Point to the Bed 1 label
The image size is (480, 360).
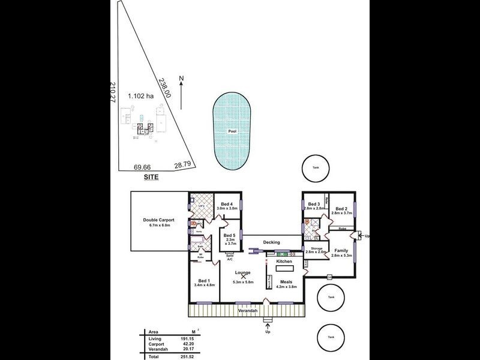pos(204,281)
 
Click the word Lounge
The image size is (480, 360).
pos(244,272)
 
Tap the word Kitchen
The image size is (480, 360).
pos(284,262)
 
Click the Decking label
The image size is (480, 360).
pos(271,242)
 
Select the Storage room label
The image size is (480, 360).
pos(316,248)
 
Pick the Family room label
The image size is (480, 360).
pos(341,250)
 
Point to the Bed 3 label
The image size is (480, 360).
pos(314,205)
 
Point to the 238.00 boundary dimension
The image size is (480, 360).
pos(165,86)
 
